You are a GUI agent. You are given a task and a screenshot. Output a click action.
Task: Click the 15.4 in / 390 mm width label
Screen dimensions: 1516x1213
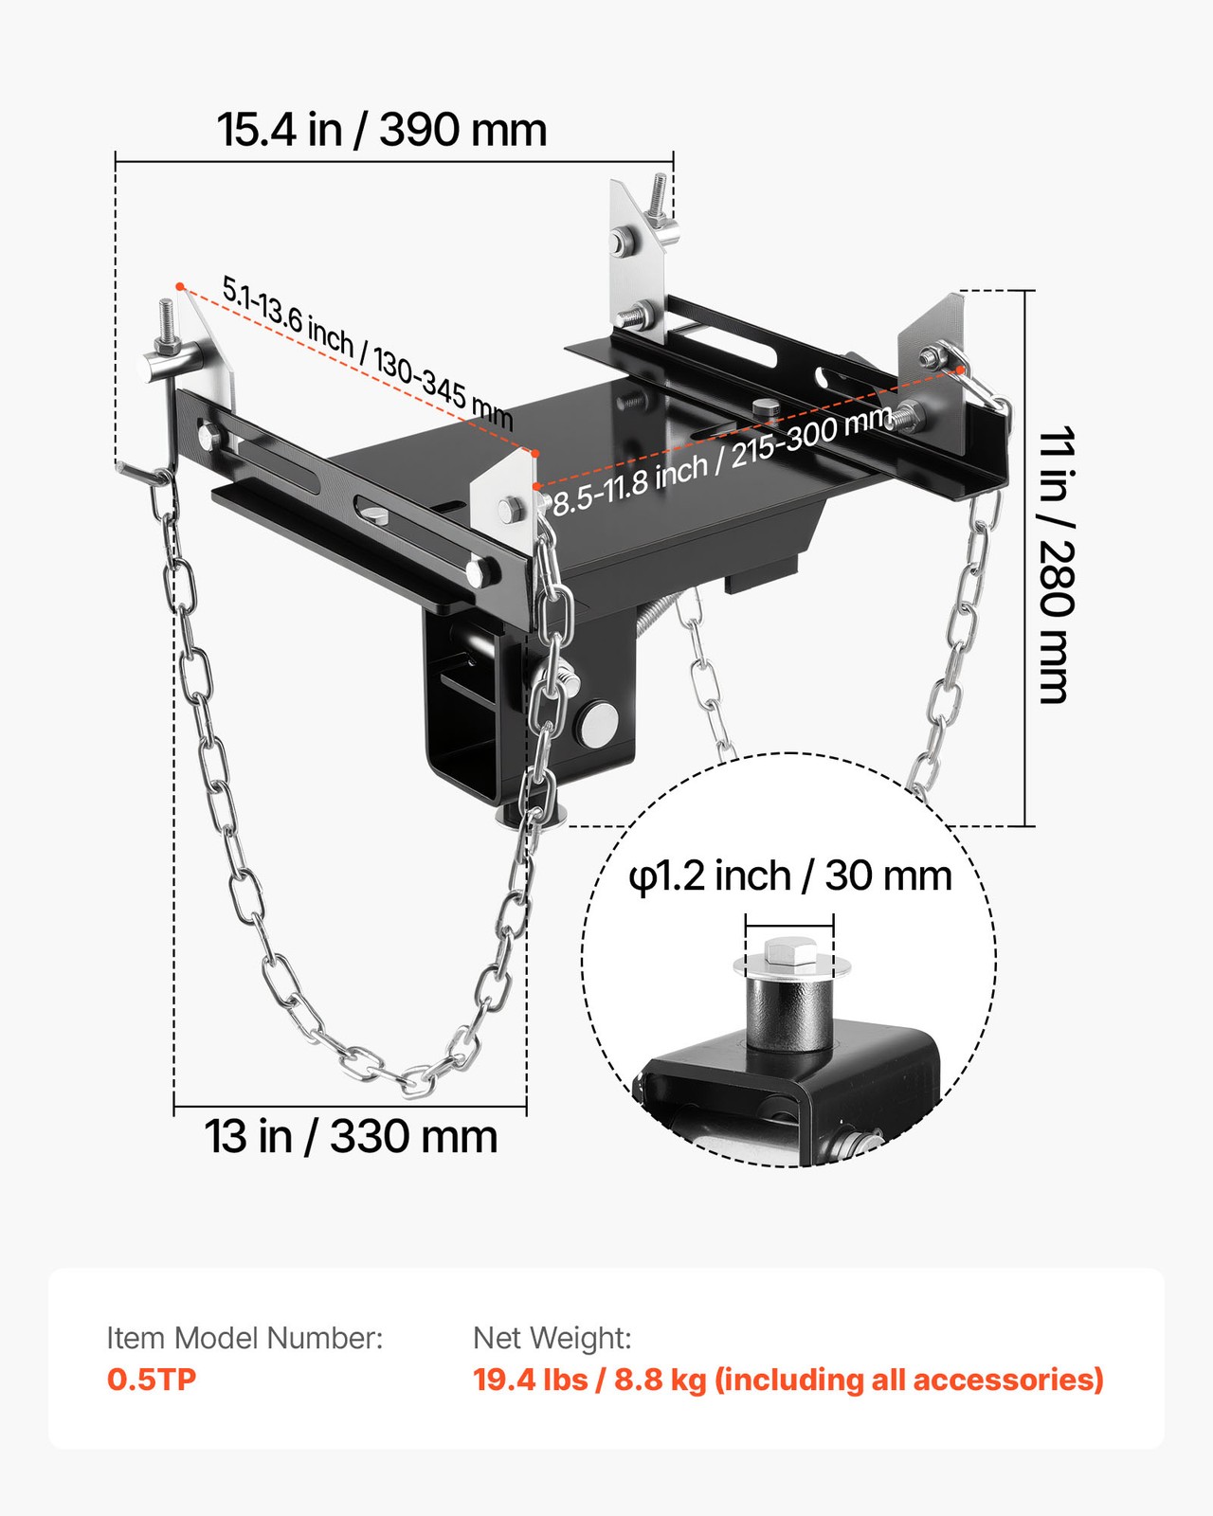(x=382, y=130)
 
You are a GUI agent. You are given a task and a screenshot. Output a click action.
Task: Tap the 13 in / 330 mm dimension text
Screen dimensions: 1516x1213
(x=351, y=1136)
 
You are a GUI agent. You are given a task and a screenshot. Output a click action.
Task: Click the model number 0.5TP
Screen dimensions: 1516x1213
(x=152, y=1380)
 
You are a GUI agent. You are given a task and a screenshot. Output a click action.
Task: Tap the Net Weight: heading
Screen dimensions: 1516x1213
(x=552, y=1338)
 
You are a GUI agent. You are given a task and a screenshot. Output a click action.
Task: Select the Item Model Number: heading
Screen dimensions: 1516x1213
(x=244, y=1338)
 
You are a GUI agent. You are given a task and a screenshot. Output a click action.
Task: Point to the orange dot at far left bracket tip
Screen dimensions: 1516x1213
(x=179, y=285)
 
